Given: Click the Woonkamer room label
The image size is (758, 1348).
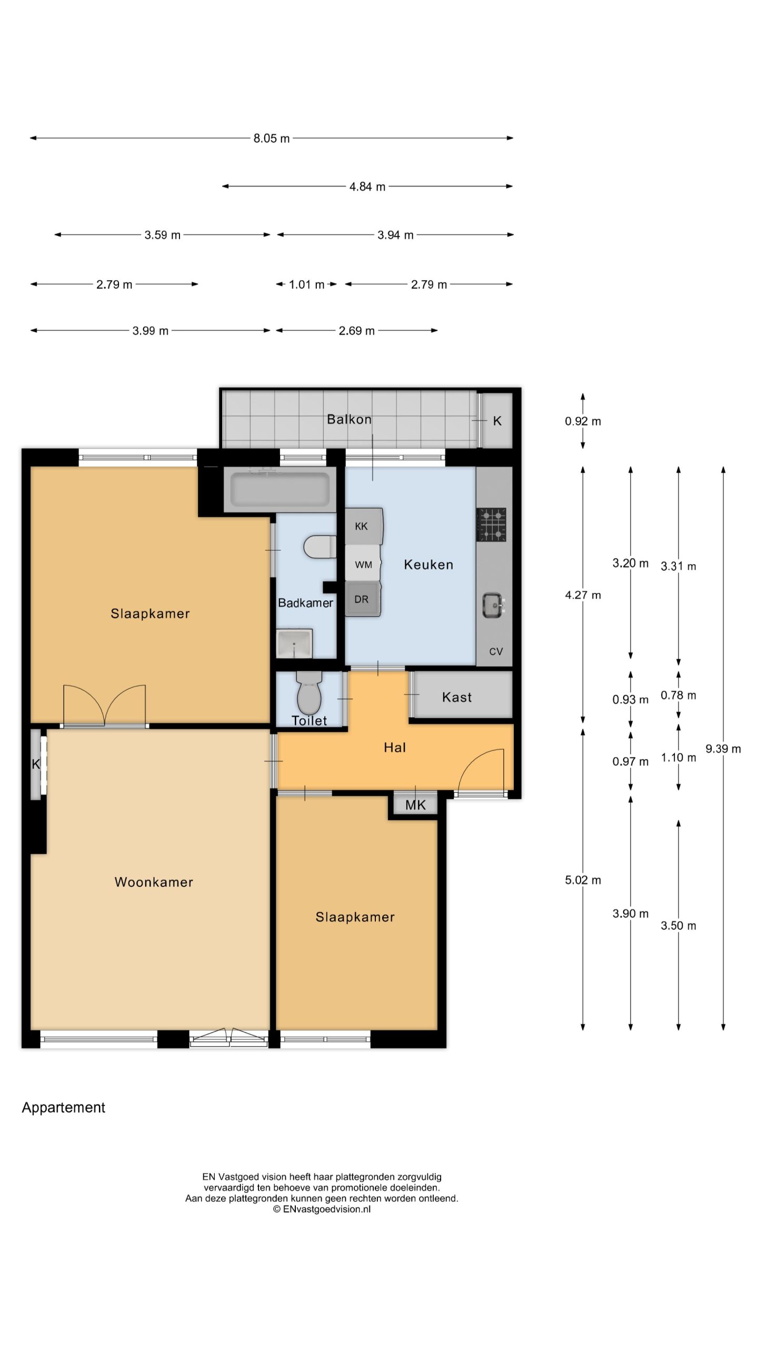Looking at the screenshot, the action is point(154,882).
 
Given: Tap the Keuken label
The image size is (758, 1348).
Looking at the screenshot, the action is point(428,564).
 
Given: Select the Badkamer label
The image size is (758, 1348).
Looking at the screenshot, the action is point(305,603).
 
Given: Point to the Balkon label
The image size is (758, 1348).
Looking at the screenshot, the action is point(349,419).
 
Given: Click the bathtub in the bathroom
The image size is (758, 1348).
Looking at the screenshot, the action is point(280,490).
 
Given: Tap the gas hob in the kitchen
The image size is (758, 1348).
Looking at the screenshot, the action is point(491,524).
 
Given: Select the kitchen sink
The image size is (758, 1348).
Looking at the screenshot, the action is point(493,605).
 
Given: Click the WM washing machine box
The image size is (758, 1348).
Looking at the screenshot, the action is point(363,564).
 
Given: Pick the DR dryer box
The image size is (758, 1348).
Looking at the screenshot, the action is point(363,599).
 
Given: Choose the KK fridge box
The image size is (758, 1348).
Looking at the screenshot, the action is point(363,526).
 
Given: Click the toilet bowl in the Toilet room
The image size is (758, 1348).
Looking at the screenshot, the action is point(309,693).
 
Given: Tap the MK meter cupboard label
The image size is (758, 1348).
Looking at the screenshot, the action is point(415,805).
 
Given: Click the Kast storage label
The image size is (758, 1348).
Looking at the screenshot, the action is point(457,697).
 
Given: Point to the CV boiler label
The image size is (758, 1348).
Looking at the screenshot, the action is point(496,651).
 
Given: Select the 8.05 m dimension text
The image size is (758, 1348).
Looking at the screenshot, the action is point(272,138).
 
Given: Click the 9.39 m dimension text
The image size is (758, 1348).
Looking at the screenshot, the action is point(723,749).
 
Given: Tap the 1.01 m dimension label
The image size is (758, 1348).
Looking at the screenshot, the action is point(306,284).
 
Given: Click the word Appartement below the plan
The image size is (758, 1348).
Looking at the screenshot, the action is point(64,1108).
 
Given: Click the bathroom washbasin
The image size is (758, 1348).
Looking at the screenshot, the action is point(294,643).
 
